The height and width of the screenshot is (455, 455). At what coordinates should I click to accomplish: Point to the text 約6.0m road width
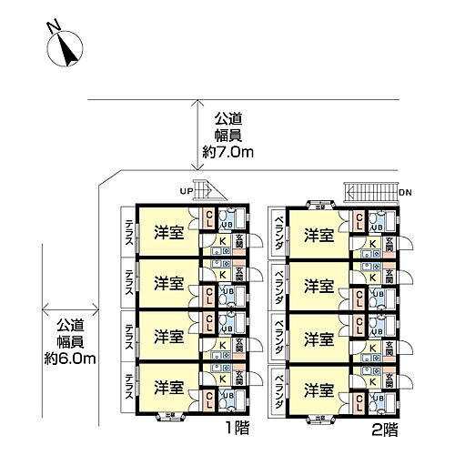pyautogui.click(x=76, y=358)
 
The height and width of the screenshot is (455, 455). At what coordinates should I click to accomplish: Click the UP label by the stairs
pyautogui.click(x=187, y=190)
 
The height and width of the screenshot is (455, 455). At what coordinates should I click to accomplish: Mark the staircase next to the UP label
pyautogui.click(x=208, y=191)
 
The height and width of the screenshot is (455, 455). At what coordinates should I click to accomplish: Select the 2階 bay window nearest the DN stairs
pyautogui.click(x=320, y=204)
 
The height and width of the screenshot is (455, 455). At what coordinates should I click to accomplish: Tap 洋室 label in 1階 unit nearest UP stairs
pyautogui.click(x=167, y=232)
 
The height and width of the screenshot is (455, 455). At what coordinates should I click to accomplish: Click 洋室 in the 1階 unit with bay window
pyautogui.click(x=167, y=389)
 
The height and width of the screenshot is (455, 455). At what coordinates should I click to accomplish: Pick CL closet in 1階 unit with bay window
pyautogui.click(x=209, y=397)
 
